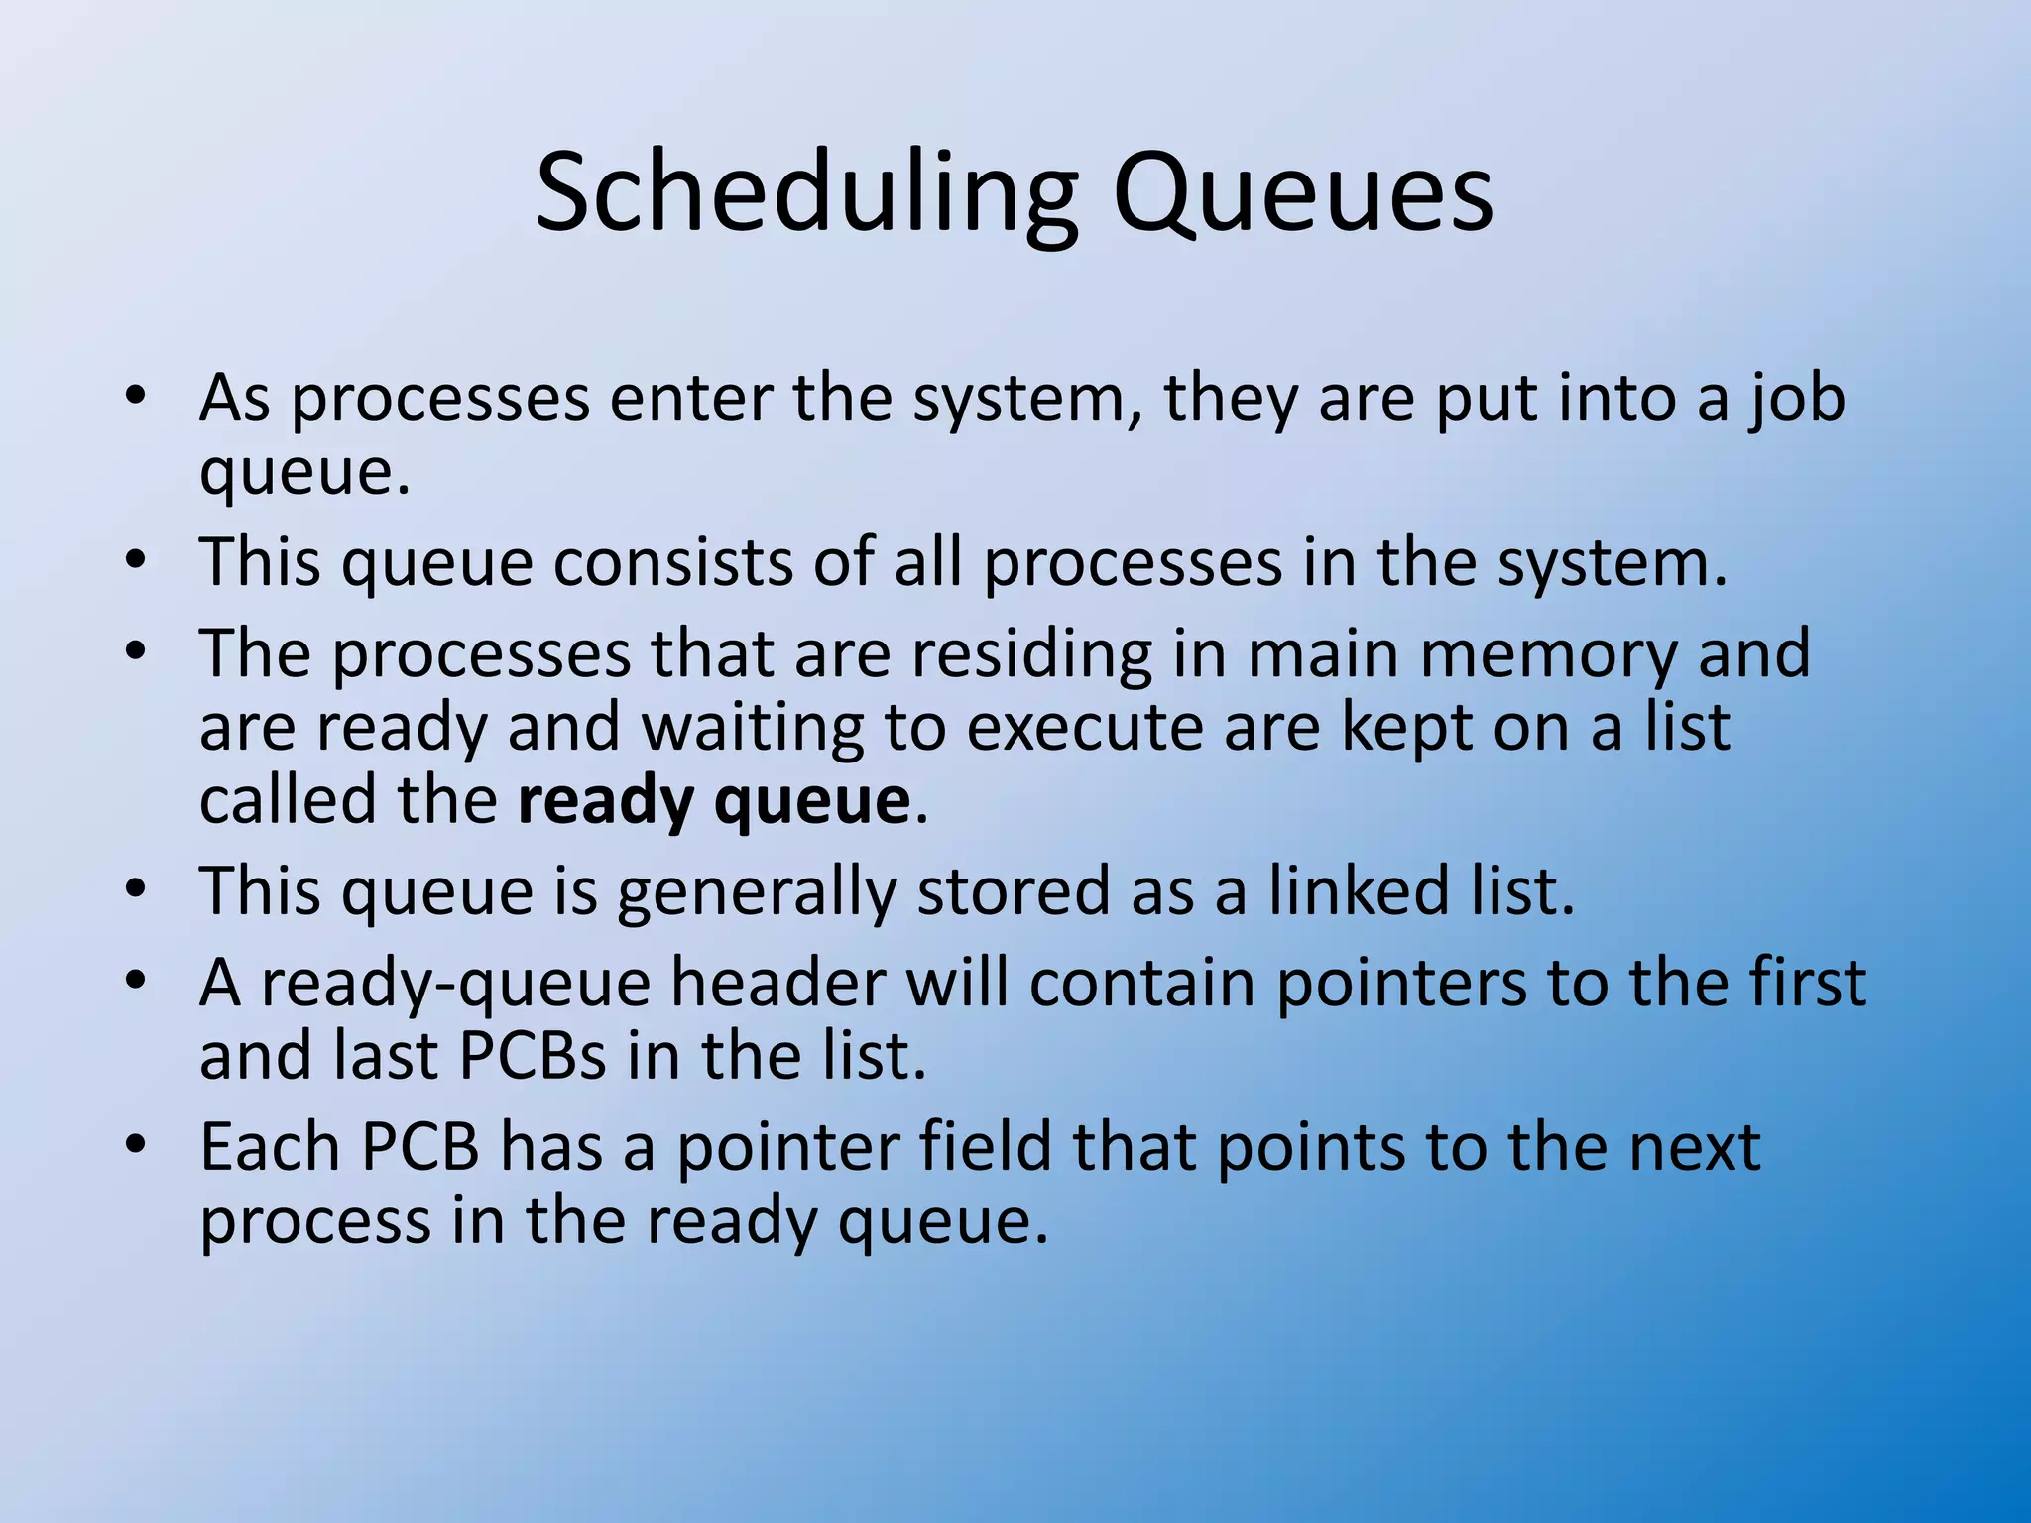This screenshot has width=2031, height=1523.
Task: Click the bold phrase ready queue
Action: pos(713,801)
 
